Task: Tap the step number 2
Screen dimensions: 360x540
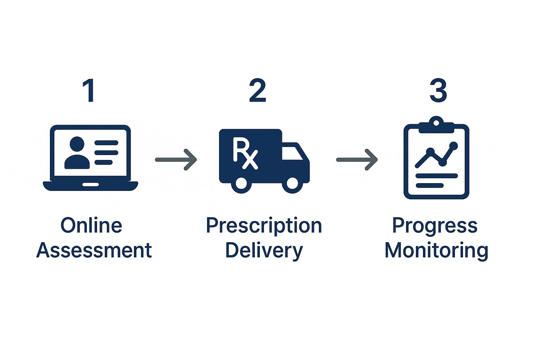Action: [x=257, y=91]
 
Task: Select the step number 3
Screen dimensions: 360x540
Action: [x=438, y=91]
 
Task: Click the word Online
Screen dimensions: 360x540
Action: [x=91, y=225]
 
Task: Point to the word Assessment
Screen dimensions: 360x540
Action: [x=94, y=250]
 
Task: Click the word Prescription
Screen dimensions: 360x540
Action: [x=264, y=225]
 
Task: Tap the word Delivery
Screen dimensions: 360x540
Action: [x=264, y=250]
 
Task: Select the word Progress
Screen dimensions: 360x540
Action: [x=435, y=225]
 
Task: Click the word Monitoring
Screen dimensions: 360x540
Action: [x=436, y=250]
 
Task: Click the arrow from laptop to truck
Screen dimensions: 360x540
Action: [x=176, y=160]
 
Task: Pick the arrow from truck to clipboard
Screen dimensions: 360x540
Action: [x=357, y=160]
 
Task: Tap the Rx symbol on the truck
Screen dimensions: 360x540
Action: [x=245, y=154]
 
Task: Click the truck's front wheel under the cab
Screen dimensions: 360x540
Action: [x=292, y=184]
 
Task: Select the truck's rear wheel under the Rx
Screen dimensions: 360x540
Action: [x=241, y=184]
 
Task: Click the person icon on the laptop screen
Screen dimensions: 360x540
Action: [x=77, y=153]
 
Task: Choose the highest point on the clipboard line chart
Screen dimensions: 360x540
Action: [x=454, y=145]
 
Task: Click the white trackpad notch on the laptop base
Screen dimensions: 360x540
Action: [x=90, y=184]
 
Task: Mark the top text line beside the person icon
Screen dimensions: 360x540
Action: [x=106, y=143]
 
